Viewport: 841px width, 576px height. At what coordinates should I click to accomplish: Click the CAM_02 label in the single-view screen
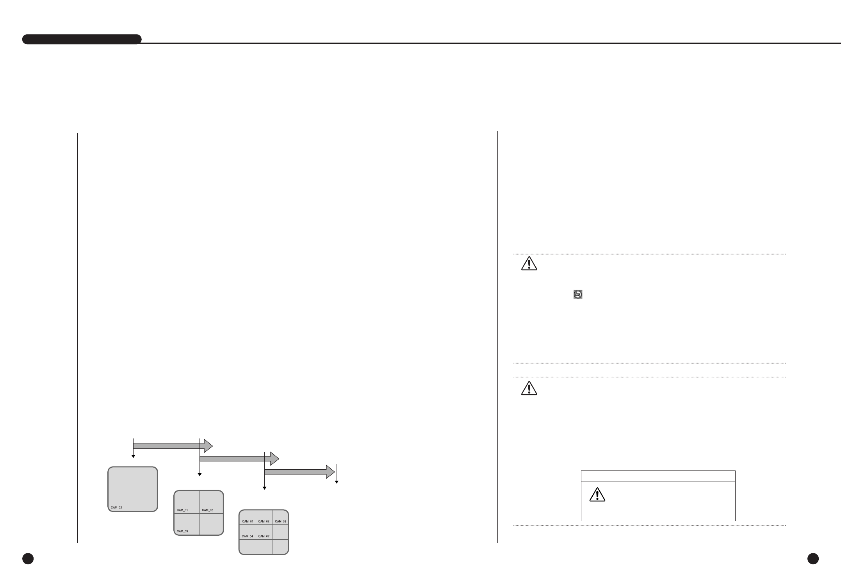click(x=116, y=508)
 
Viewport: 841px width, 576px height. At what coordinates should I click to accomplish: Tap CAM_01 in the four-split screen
click(x=182, y=510)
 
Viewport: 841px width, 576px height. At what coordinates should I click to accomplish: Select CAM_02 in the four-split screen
click(x=207, y=510)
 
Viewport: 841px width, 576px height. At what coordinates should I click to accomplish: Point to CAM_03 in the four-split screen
click(x=182, y=531)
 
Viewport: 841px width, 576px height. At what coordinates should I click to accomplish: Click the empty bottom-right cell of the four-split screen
click(x=211, y=524)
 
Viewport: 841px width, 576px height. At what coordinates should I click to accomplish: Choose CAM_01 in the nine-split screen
click(x=248, y=521)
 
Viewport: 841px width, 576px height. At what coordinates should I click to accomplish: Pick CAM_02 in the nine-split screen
click(x=264, y=521)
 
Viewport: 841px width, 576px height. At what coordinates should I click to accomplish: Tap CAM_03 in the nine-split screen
click(x=280, y=521)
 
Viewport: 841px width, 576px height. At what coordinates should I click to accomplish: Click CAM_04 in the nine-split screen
click(x=248, y=536)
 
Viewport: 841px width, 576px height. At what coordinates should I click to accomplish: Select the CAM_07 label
click(x=264, y=536)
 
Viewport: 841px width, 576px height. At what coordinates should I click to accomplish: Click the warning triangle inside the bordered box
click(x=597, y=495)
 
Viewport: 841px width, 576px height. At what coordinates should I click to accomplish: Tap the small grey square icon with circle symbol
click(x=578, y=295)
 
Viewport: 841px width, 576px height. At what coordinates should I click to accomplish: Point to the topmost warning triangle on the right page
click(x=529, y=264)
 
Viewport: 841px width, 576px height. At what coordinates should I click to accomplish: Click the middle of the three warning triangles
click(x=529, y=389)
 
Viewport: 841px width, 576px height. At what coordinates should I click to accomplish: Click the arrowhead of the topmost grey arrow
click(x=208, y=446)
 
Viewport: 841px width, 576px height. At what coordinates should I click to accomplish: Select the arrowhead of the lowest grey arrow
click(x=331, y=472)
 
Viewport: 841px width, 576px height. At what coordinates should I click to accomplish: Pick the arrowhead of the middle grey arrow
click(x=275, y=458)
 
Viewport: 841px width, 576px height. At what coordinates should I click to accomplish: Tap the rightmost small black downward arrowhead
click(x=337, y=482)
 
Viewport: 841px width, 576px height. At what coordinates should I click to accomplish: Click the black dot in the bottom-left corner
click(x=28, y=559)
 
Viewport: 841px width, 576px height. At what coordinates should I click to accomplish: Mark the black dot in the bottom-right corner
click(x=813, y=559)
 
